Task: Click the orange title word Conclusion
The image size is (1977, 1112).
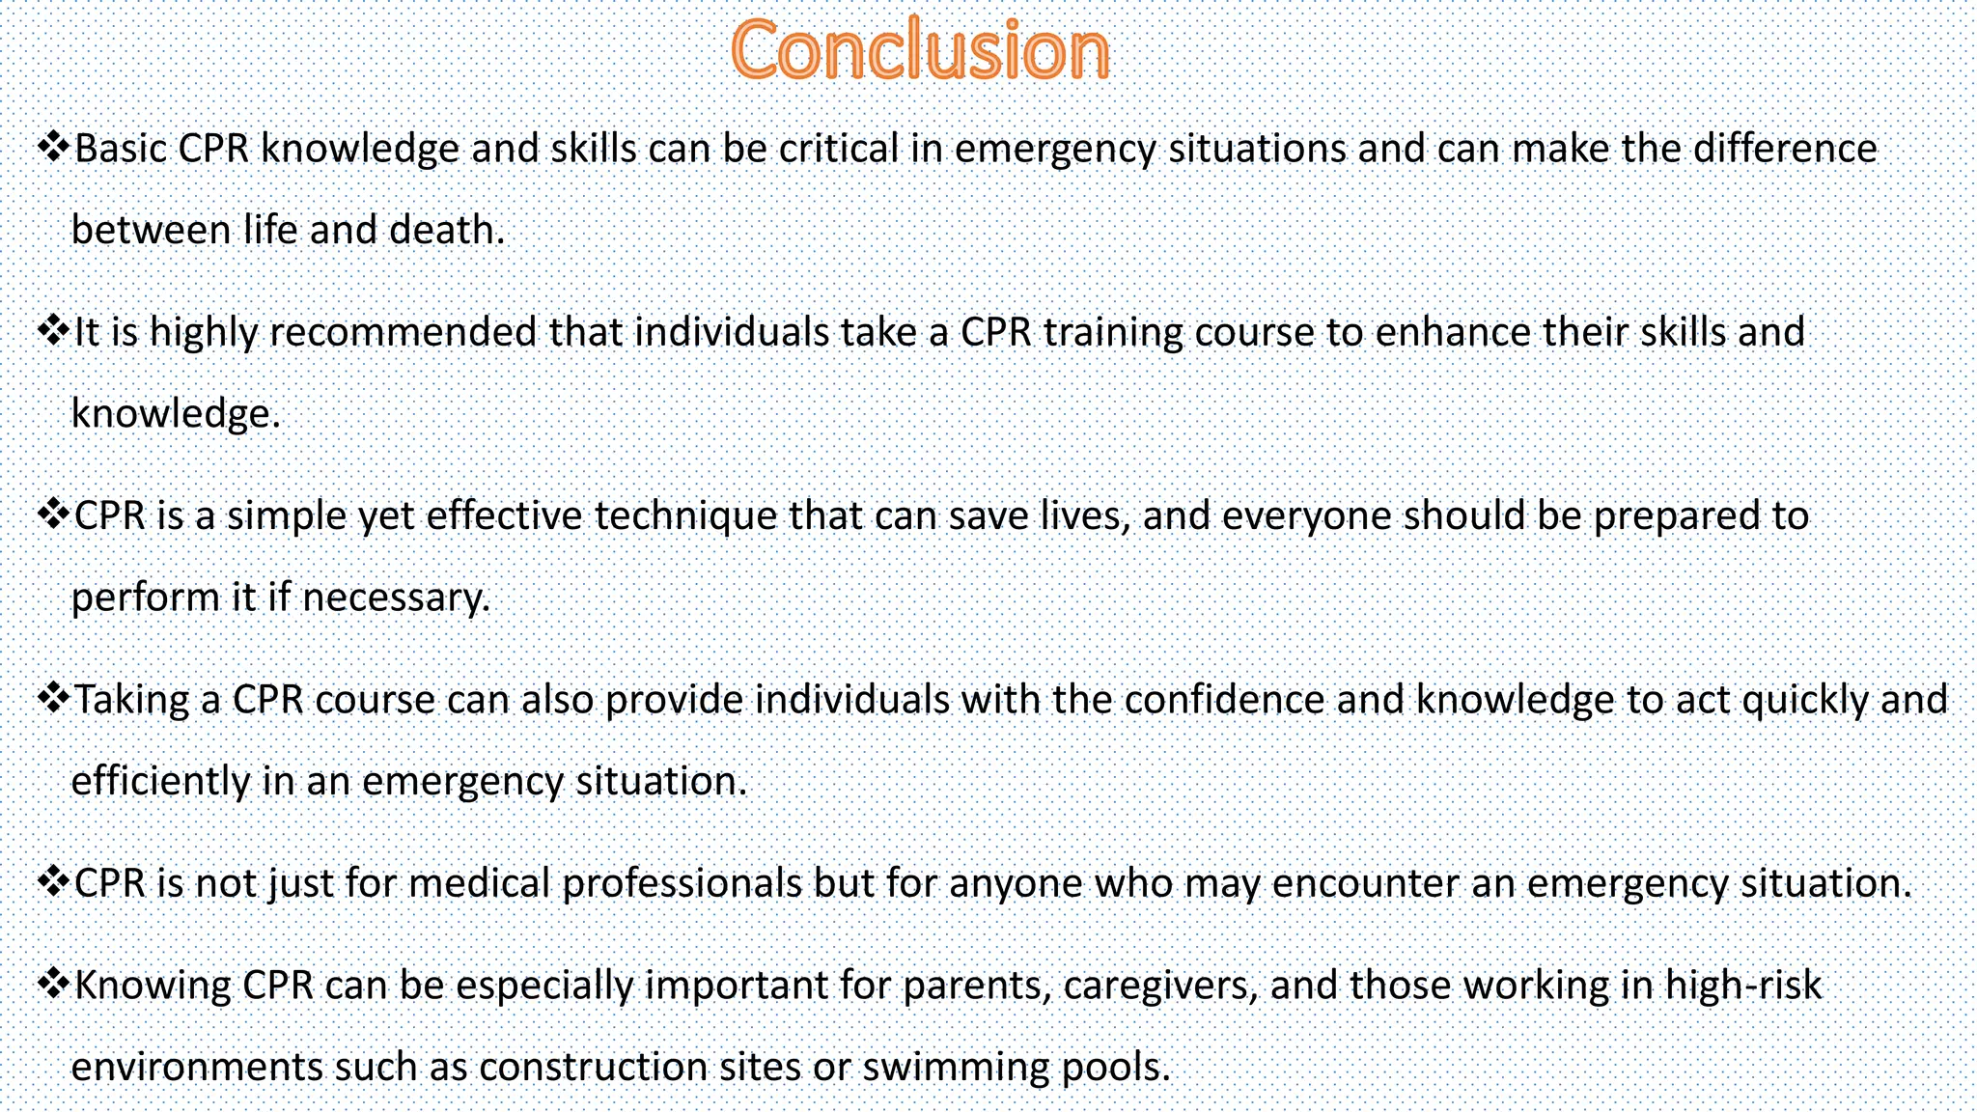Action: tap(920, 50)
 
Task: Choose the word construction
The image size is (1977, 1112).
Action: tap(593, 1068)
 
